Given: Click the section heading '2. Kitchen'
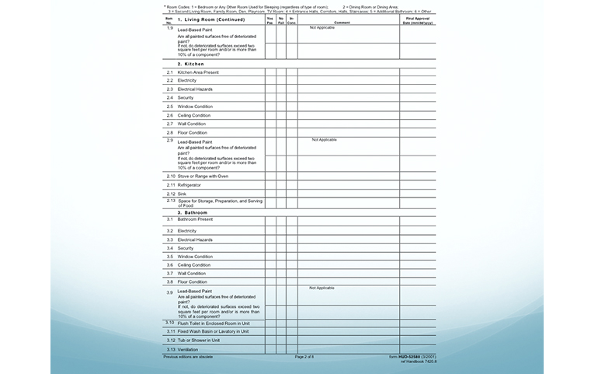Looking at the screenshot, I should coord(190,64).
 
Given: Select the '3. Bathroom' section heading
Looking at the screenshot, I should coord(192,212).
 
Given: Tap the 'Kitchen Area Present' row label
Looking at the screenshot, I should coord(198,72).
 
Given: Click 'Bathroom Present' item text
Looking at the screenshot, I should coord(195,219).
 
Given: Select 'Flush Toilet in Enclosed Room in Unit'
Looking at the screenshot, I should coord(214,323).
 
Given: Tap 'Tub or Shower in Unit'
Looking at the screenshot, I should coord(198,340).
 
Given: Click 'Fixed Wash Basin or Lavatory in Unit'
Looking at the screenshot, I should coord(213,331).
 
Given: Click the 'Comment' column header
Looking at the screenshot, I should coord(342,23).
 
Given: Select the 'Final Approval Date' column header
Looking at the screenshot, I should coord(418,21).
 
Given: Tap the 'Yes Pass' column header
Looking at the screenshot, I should coord(270,21).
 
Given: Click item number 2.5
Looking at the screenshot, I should coord(170,107).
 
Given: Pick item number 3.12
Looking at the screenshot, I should coord(171,340).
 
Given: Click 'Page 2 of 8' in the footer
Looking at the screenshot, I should coord(304,356).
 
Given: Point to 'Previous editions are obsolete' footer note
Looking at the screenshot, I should coord(187,356).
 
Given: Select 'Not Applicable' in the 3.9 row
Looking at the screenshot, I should coord(322,288).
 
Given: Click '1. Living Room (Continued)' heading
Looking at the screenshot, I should coord(211,19).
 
